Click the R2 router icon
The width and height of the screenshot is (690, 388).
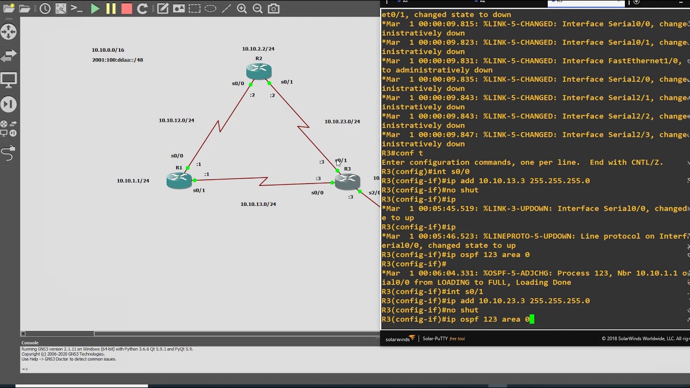pos(259,71)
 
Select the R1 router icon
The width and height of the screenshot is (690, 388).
pos(179,181)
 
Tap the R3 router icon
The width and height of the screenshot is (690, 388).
pos(347,182)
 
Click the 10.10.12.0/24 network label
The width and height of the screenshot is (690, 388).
pos(176,120)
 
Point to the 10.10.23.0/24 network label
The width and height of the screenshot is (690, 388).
pos(342,121)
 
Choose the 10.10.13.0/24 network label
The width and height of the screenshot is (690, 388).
pos(258,204)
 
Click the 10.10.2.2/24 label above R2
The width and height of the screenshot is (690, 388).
pos(258,49)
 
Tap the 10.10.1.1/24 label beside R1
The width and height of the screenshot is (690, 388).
pos(133,181)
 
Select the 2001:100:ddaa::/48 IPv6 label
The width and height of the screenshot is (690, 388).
pos(118,60)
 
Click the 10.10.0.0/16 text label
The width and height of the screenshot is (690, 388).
pos(108,50)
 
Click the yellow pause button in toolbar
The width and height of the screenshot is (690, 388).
pos(111,9)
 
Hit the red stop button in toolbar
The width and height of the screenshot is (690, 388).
pos(127,9)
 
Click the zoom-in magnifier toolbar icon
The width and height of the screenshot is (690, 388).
pos(242,9)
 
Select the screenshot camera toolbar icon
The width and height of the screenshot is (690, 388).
pos(274,9)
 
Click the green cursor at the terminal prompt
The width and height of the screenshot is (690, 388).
pos(532,320)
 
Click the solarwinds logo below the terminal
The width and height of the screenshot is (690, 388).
pos(399,339)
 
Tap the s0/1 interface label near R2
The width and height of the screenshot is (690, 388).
pos(287,82)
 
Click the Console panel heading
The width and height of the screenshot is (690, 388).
pos(30,343)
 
